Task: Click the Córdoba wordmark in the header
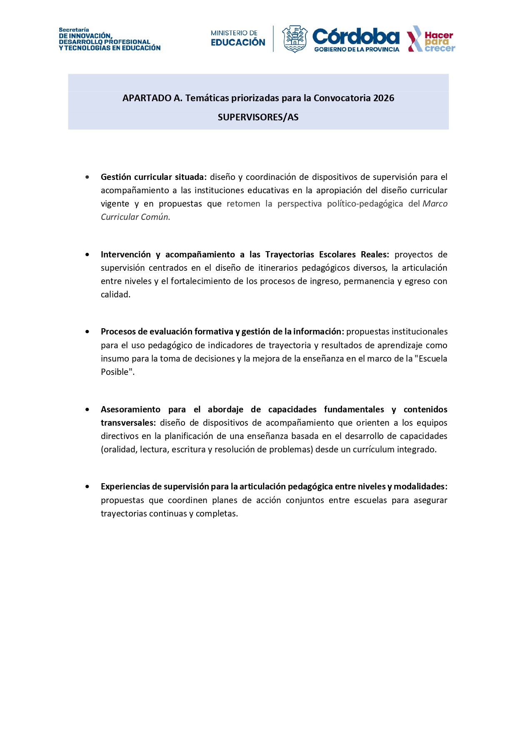355,37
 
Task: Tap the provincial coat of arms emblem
295,39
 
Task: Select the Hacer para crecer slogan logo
431,39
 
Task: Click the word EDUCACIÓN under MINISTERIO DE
238,42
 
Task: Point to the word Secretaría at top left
74,30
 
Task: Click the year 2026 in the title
384,98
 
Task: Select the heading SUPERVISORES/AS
258,117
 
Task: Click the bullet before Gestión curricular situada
87,177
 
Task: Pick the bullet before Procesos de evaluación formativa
87,332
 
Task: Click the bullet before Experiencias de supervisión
87,487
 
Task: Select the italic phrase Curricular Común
135,217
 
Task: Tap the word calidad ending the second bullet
115,294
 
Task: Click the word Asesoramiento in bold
130,409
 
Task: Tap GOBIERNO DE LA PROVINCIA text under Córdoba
357,50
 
